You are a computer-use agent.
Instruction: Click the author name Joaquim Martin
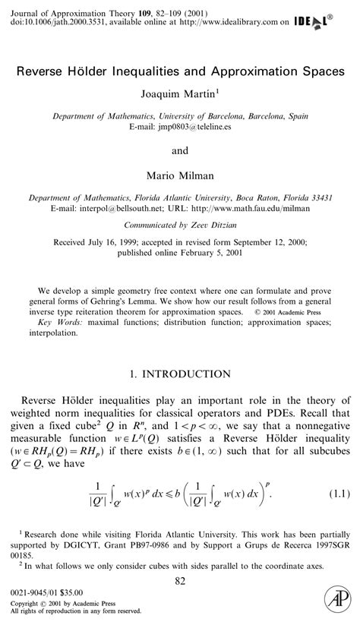click(178, 95)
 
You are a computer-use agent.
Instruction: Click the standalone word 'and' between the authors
click(180, 150)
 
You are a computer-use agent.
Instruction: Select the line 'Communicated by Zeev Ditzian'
click(180, 225)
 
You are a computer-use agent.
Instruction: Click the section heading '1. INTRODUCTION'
click(179, 374)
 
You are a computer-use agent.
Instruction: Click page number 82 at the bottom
click(180, 581)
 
